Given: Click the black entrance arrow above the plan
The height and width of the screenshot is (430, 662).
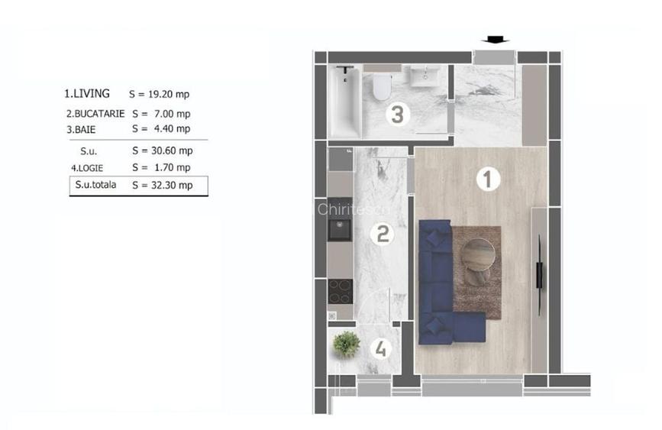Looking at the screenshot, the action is click(x=496, y=40).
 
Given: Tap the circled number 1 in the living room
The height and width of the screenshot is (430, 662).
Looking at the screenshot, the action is click(x=488, y=179).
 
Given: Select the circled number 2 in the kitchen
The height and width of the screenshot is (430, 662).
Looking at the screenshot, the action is click(x=382, y=234).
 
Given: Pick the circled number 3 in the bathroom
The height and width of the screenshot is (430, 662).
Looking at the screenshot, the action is click(x=397, y=114).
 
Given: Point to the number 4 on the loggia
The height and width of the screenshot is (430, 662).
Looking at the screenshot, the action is click(x=380, y=349).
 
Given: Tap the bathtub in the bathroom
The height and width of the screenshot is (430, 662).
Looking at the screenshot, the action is click(x=345, y=102).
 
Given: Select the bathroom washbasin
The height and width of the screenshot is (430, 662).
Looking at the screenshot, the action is click(x=425, y=76).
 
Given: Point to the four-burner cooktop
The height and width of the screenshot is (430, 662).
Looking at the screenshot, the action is click(x=341, y=292).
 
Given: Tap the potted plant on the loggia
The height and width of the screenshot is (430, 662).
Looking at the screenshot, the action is click(x=346, y=344).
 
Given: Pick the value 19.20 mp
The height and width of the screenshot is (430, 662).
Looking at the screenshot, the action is click(x=169, y=94).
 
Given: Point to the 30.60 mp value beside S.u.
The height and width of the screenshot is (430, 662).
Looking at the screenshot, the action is click(x=172, y=150).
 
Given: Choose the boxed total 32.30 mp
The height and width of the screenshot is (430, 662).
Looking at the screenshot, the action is click(x=172, y=185).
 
